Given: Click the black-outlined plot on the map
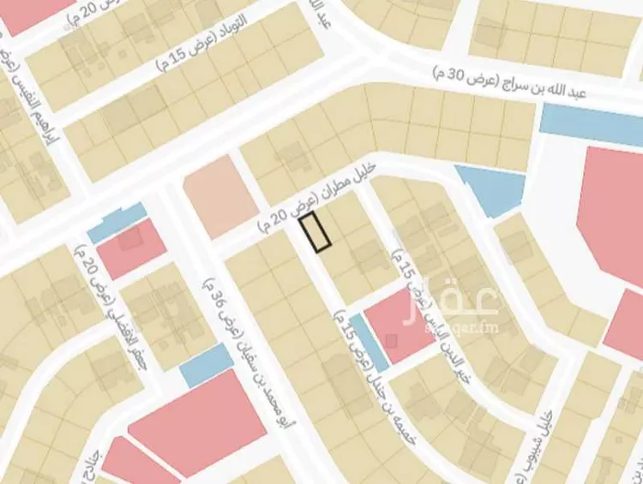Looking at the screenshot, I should (315, 233).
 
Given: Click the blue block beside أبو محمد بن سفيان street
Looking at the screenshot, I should (206, 366).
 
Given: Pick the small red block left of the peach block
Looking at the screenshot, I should (131, 248).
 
